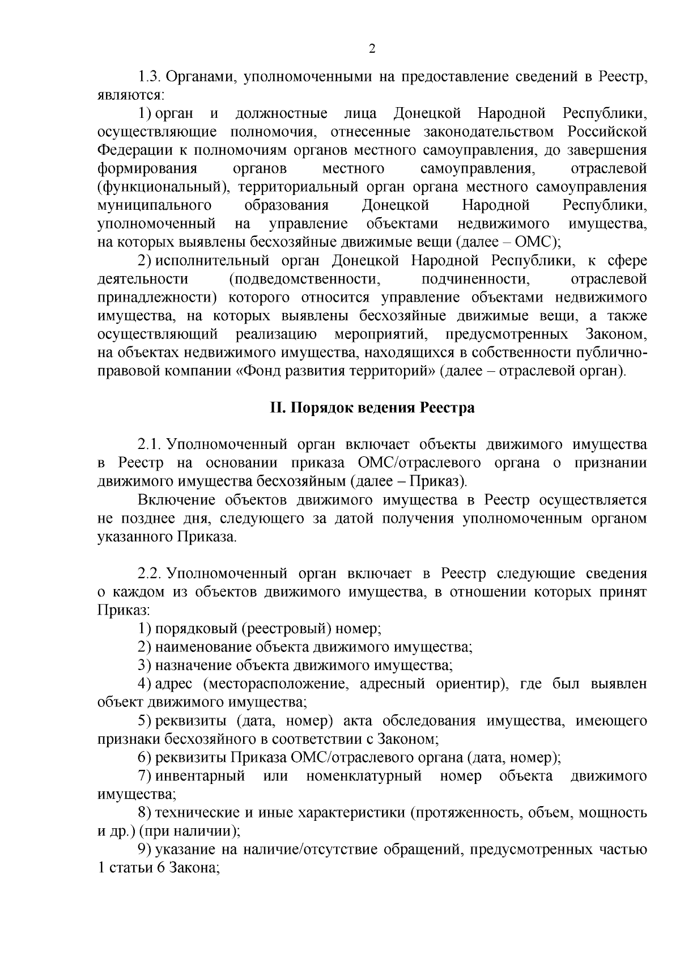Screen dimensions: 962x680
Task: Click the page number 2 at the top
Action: pos(372,49)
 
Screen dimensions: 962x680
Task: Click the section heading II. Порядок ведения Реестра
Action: pos(372,408)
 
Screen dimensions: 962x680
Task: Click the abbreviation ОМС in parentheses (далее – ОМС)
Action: pos(533,241)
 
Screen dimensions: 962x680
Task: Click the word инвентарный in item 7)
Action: pos(200,776)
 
